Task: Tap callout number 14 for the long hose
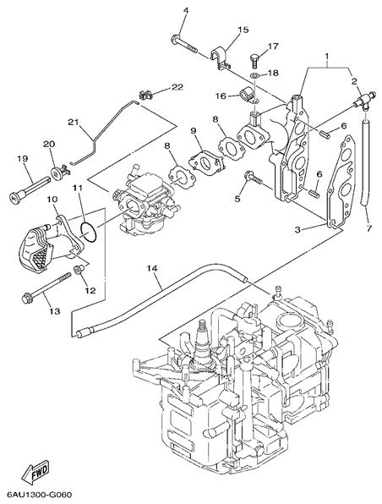(x=153, y=269)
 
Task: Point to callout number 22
(x=177, y=87)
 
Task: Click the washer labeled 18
(x=255, y=76)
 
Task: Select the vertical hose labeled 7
(x=365, y=164)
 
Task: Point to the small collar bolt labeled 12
(x=79, y=269)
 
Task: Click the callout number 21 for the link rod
(x=74, y=123)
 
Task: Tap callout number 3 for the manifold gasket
(x=297, y=229)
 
